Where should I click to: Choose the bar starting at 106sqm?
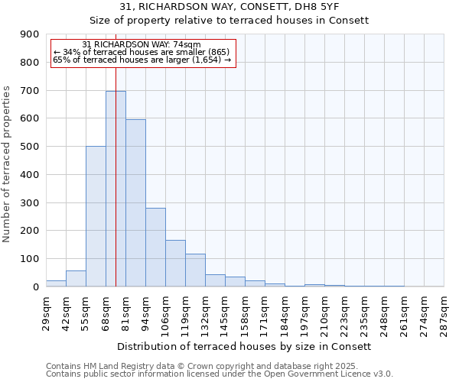175,264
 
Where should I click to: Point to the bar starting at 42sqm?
76,279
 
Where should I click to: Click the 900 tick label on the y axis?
30,34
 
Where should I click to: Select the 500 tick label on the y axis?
30,147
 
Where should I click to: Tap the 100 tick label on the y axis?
30,259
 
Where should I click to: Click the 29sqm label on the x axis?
47,312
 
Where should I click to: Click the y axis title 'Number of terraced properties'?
7,163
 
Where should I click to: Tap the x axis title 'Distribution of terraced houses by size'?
245,346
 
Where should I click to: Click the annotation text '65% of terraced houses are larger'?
142,60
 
